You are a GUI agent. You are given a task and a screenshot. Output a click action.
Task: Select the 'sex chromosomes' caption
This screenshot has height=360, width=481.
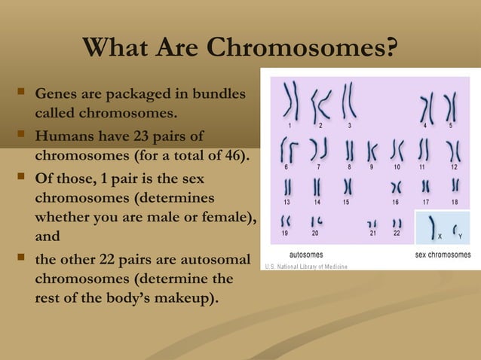tap(443, 255)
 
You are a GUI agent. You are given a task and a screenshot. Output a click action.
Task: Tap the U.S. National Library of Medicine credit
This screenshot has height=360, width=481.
tap(305, 267)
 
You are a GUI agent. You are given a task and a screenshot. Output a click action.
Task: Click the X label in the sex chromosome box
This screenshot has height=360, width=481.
tap(440, 236)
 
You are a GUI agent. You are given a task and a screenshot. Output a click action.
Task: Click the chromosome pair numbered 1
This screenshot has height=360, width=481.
tap(290, 102)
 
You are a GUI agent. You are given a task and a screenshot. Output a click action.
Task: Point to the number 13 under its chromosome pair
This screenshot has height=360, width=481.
tap(287, 202)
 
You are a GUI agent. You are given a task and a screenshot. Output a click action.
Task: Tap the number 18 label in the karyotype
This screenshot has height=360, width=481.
tap(455, 202)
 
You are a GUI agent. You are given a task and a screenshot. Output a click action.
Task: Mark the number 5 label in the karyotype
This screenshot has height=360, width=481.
tap(451, 124)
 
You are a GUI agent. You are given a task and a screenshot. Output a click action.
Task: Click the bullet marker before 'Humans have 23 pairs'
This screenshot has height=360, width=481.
tap(20, 136)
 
